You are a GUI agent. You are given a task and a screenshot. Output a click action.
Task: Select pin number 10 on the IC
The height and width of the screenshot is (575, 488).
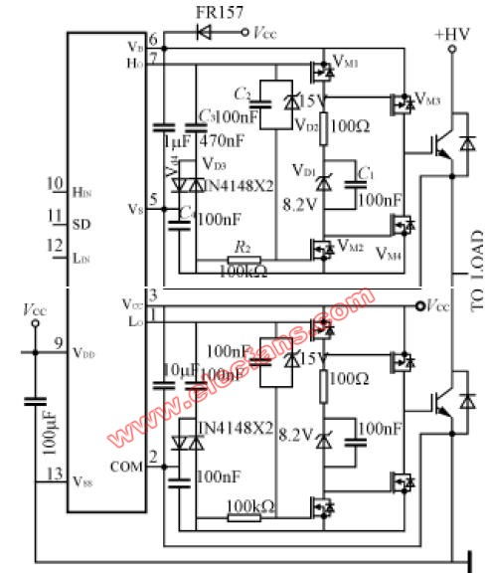[55, 185]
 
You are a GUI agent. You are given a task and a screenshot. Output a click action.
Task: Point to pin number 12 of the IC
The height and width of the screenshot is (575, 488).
[55, 246]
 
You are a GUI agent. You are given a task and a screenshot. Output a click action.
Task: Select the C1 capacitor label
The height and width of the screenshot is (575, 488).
[366, 175]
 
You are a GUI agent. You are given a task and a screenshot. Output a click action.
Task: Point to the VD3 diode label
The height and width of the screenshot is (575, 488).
[214, 163]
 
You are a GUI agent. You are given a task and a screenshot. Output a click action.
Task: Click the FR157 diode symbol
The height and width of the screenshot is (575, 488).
[205, 32]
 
